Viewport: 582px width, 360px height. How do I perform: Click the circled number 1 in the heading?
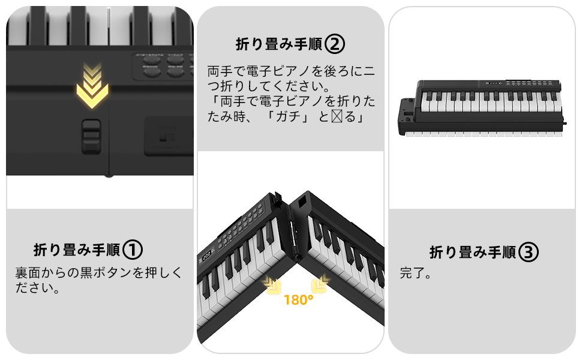click(133, 249)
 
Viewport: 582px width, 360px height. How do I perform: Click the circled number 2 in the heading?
click(335, 43)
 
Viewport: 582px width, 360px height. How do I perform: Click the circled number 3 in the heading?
click(529, 252)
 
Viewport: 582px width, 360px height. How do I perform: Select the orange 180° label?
click(299, 300)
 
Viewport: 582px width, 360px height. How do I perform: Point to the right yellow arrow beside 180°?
click(322, 284)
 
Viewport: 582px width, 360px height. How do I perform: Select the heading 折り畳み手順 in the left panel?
click(77, 250)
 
